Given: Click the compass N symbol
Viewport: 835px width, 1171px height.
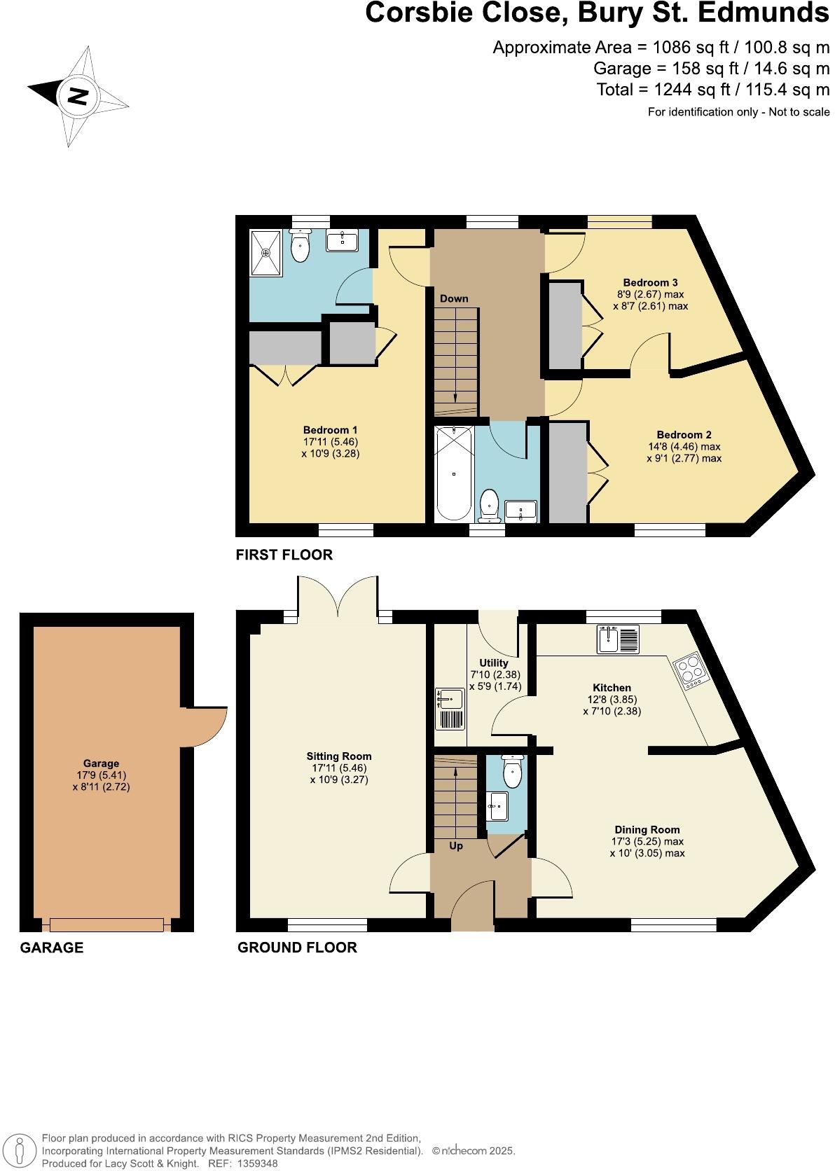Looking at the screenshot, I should point(77,96).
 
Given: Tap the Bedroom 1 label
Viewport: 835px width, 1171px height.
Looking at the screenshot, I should point(331,430).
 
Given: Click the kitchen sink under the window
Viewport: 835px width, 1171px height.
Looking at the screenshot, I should point(618,639).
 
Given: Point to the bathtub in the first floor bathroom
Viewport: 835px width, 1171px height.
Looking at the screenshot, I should point(454,473).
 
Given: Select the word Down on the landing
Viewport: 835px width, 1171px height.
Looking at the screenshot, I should point(454,298).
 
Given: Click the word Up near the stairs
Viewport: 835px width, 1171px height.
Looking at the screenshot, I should point(456,846).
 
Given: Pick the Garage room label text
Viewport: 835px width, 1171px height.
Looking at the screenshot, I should point(102,763).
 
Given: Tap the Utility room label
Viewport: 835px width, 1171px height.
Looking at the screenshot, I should point(494,663).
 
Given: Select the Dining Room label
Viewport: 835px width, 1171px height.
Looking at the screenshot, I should point(647,830).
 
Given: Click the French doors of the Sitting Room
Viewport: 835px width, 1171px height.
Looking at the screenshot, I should point(338,600).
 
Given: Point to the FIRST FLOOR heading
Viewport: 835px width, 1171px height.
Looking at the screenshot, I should point(284,555).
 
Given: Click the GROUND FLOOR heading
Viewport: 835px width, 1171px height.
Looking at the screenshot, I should point(297,948).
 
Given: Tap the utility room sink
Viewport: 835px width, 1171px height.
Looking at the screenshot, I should point(449,698).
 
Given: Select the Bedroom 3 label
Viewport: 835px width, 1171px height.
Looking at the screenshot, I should point(650,283).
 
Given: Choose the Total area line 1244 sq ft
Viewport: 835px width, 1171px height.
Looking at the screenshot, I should point(712,90).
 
